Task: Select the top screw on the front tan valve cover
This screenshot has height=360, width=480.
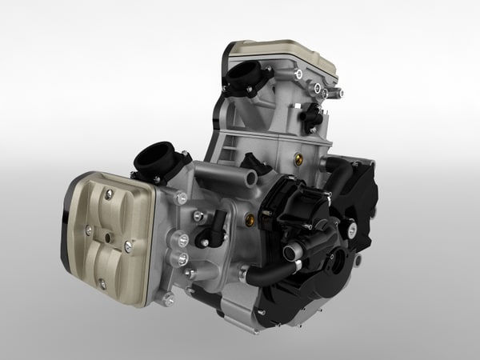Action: pos(109,194)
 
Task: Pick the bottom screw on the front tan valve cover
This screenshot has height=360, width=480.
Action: pos(102,282)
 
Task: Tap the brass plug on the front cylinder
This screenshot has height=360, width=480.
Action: pos(249,218)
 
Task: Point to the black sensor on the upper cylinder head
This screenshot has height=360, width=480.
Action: pos(312,118)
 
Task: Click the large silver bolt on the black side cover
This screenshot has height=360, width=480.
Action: pos(352,230)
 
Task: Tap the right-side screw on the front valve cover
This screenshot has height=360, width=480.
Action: pos(128,247)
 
